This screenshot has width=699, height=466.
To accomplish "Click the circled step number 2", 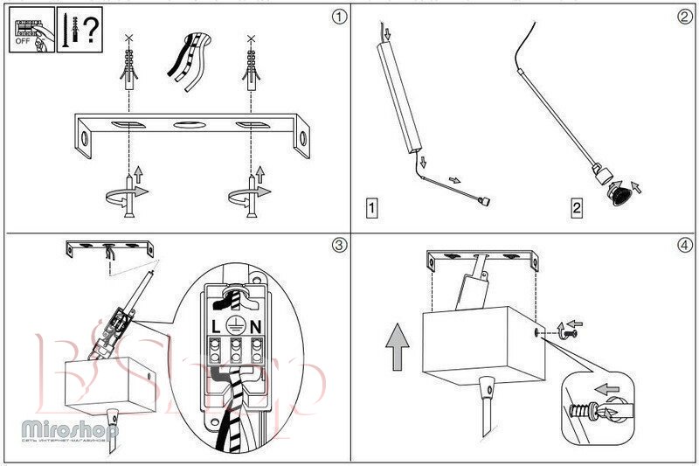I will (684, 17).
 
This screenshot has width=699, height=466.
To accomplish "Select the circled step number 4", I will (684, 245).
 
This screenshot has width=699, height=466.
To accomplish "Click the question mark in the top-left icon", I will (91, 28).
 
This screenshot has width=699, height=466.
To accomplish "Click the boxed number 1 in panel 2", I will (372, 208).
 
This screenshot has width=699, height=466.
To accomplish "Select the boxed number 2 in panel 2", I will (576, 208).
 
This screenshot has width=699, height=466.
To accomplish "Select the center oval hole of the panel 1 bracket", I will (189, 126).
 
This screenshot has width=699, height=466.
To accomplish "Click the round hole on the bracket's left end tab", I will (85, 140).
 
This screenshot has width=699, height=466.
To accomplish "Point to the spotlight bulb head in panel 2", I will (620, 192).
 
